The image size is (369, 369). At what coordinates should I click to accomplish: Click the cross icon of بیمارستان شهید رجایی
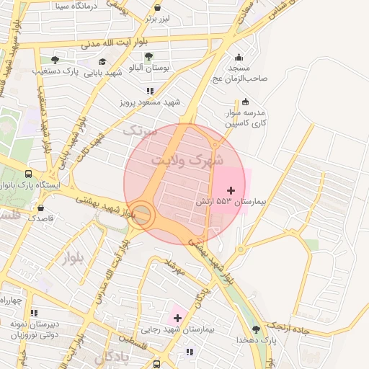177,317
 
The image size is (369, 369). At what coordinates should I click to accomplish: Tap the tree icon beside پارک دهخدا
256,329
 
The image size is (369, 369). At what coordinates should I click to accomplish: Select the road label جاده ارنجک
289,320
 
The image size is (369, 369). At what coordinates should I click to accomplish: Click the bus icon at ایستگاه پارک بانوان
28,174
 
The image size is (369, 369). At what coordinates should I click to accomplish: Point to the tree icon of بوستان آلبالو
148,56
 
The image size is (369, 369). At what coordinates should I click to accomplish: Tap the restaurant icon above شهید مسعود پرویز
150,92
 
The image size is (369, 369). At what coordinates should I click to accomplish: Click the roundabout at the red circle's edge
142,215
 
